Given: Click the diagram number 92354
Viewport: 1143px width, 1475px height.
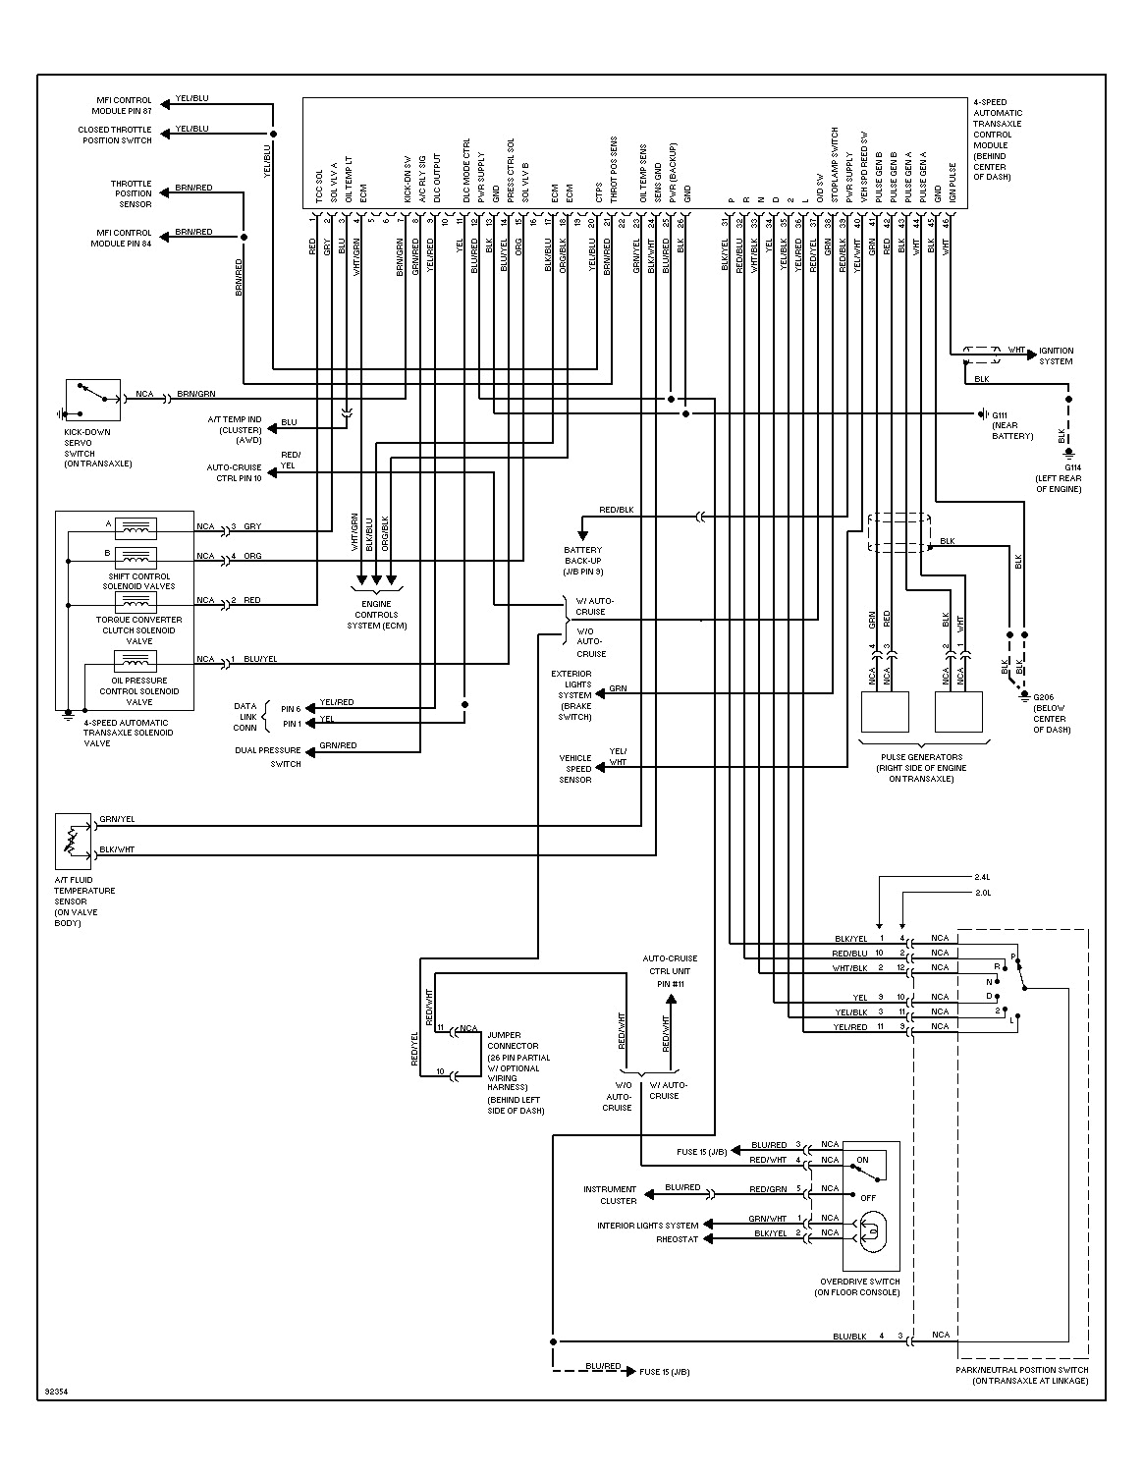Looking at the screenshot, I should click(x=58, y=1392).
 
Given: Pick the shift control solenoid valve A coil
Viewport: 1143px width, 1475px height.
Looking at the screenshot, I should click(x=136, y=528).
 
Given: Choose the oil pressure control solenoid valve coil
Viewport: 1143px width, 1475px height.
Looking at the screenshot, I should click(x=136, y=660).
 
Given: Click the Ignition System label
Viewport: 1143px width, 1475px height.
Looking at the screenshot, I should click(x=1056, y=355).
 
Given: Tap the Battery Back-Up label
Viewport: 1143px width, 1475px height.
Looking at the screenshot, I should click(x=583, y=561).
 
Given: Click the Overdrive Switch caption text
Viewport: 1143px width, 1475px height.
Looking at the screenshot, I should click(x=859, y=1286).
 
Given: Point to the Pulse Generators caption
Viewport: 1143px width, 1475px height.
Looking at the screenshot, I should click(x=919, y=767).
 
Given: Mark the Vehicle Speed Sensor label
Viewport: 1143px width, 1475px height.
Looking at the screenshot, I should click(x=575, y=769).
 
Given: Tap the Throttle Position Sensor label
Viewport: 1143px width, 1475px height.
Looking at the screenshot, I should click(x=131, y=193).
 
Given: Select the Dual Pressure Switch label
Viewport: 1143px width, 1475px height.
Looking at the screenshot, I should click(x=268, y=756).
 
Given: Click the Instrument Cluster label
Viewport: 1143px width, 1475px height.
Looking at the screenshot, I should click(x=610, y=1194).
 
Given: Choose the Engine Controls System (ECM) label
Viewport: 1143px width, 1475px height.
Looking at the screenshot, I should click(x=376, y=615).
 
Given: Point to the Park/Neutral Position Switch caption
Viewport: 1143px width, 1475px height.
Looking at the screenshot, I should click(x=1021, y=1375).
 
